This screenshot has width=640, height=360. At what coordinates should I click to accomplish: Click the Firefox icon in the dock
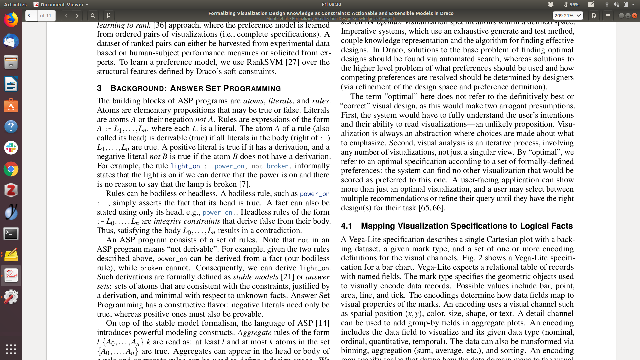(x=11, y=20)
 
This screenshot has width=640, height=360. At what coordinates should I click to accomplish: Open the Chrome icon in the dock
(x=11, y=169)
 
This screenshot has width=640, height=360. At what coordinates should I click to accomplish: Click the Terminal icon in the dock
(x=11, y=233)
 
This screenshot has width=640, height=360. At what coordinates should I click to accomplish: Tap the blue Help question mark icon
(x=11, y=127)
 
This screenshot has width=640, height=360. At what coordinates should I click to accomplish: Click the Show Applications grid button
(x=11, y=349)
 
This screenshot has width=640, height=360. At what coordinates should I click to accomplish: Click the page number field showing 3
(x=31, y=16)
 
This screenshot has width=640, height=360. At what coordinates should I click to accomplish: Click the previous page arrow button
(x=66, y=16)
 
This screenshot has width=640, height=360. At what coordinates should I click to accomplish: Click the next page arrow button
(x=77, y=16)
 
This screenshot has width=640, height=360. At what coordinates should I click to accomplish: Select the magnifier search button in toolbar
(x=93, y=16)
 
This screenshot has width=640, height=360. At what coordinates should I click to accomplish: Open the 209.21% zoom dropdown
(x=568, y=16)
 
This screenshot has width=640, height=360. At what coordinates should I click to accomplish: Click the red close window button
(x=635, y=16)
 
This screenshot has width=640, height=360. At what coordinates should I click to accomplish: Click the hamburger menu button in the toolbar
(x=608, y=16)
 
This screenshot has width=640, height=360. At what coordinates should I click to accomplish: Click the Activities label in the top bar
(x=15, y=4)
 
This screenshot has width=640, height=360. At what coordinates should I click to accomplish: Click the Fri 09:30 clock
(x=331, y=4)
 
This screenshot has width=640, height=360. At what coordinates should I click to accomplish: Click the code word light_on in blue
(x=185, y=166)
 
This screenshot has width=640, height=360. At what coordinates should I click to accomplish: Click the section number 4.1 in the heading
(x=346, y=226)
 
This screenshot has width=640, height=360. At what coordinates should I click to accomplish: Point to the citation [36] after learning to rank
(x=159, y=25)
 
